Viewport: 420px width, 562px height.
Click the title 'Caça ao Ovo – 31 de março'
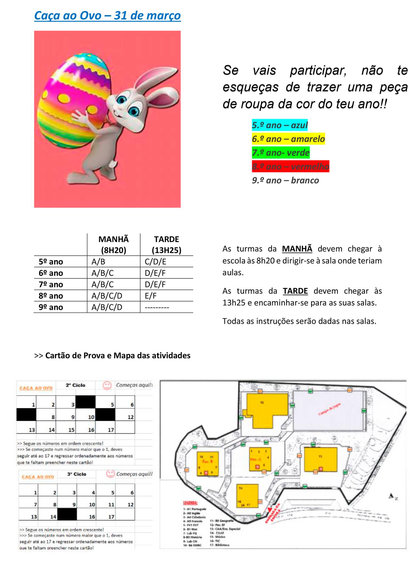107,16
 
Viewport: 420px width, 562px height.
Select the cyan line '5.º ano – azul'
280,125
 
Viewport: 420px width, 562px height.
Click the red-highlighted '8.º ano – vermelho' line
290,167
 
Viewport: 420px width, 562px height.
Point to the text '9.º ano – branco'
285,180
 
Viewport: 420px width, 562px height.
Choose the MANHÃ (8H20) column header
113,245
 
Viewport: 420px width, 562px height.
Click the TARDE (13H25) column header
166,245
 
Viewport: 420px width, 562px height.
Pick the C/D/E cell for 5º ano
155,262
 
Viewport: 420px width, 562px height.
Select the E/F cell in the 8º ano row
151,296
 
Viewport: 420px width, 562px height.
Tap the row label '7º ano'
51,284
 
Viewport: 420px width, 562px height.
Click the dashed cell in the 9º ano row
157,307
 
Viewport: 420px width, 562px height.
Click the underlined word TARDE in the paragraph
295,291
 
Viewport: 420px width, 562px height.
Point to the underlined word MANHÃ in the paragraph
297,249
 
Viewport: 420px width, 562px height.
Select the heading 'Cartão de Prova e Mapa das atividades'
118,355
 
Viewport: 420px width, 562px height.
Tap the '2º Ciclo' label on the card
75,385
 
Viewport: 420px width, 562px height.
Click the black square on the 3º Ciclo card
67,514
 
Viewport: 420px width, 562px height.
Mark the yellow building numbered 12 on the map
265,412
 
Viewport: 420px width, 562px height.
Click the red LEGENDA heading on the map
190,503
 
